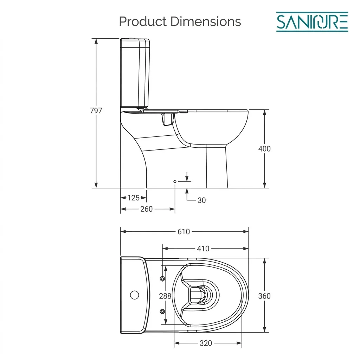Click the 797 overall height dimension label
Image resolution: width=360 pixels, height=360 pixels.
click(96, 111)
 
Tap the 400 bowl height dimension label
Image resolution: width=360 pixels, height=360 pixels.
click(264, 149)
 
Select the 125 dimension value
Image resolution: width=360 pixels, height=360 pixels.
click(133, 198)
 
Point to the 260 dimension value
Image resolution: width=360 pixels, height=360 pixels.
click(147, 209)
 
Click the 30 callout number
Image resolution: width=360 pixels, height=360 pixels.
click(201, 200)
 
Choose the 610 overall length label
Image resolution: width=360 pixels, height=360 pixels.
click(184, 232)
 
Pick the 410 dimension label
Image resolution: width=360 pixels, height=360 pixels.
click(203, 249)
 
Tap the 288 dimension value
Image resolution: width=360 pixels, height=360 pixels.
click(165, 296)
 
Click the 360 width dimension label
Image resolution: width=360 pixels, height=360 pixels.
click(264, 296)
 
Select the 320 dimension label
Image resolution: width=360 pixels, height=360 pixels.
click(206, 343)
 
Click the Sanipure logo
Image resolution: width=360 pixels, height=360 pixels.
click(312, 22)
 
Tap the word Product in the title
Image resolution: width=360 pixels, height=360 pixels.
click(143, 21)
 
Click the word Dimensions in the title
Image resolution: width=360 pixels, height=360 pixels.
click(206, 21)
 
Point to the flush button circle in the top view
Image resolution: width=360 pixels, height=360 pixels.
click(135, 295)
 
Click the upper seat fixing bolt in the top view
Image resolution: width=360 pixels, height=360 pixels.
click(162, 279)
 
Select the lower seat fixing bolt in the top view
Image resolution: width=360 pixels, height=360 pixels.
click(162, 311)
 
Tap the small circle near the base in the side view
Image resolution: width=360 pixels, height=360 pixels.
click(175, 182)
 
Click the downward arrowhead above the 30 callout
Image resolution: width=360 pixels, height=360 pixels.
click(187, 179)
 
